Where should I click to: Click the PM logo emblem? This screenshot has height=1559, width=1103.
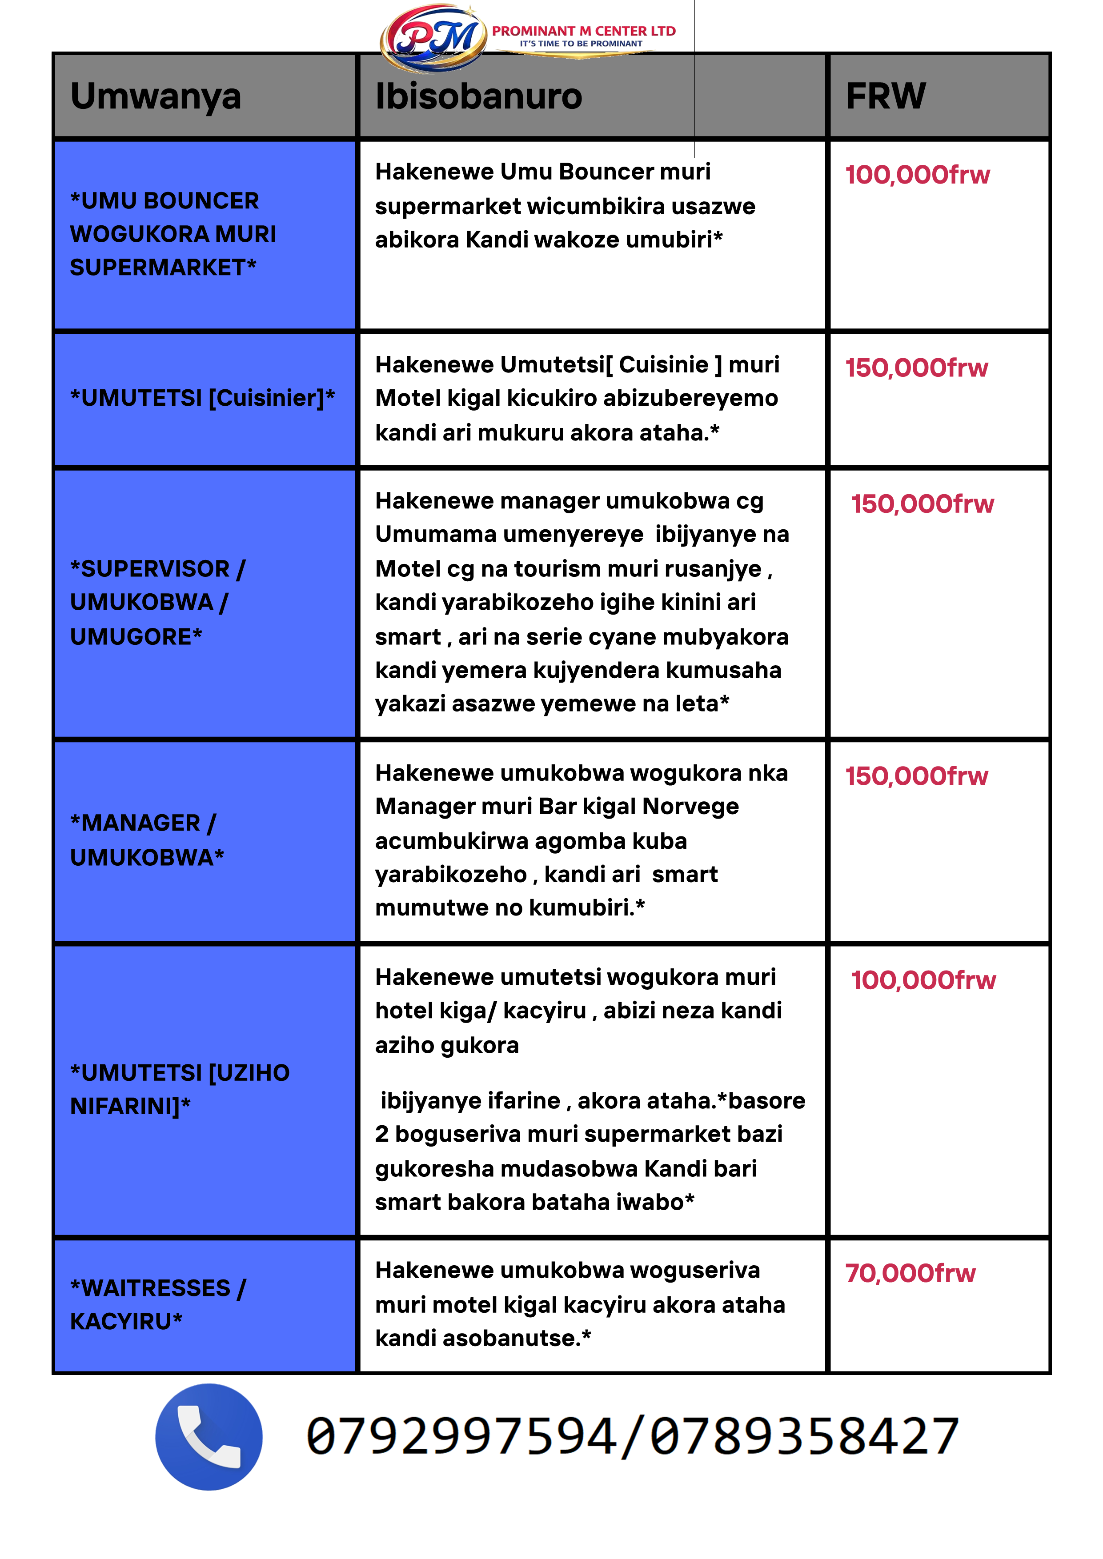coord(433,37)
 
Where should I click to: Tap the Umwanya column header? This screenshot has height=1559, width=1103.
coord(156,96)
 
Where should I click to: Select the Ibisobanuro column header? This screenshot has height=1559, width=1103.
coord(479,96)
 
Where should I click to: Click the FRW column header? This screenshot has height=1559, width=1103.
coord(885,96)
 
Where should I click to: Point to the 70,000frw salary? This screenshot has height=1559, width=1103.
coord(910,1273)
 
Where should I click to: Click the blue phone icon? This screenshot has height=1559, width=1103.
coord(209,1437)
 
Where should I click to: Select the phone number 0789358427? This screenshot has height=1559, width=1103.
coord(804,1437)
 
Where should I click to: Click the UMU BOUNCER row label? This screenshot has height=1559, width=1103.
coord(173,234)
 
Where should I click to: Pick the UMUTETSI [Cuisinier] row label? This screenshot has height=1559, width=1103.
coord(202,398)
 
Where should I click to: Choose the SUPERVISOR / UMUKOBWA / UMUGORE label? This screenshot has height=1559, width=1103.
coord(157,602)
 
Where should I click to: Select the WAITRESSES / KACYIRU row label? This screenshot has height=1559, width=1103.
coord(157,1304)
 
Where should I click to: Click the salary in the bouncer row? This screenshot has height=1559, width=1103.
coord(917,175)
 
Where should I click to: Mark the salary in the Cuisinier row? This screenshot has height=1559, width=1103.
coord(916,368)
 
